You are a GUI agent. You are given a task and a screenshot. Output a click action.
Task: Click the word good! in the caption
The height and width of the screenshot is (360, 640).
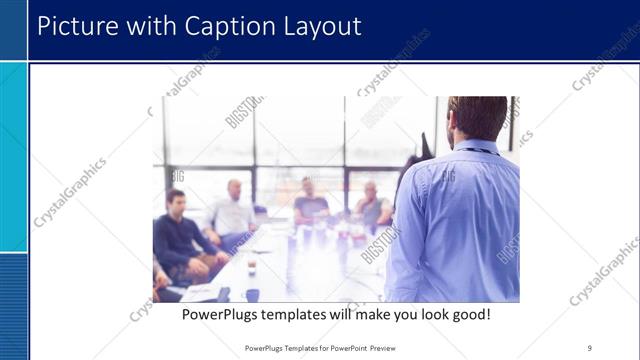[x=467, y=314]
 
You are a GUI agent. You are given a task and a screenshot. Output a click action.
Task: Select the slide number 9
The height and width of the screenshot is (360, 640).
[x=590, y=347]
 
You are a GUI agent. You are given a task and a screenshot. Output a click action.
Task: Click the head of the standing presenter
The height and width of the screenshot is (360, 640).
[x=477, y=117]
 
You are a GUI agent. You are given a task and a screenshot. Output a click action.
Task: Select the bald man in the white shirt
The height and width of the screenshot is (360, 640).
[x=234, y=211]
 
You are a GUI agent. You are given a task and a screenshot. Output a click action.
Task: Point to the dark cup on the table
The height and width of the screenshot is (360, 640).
[x=252, y=294]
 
